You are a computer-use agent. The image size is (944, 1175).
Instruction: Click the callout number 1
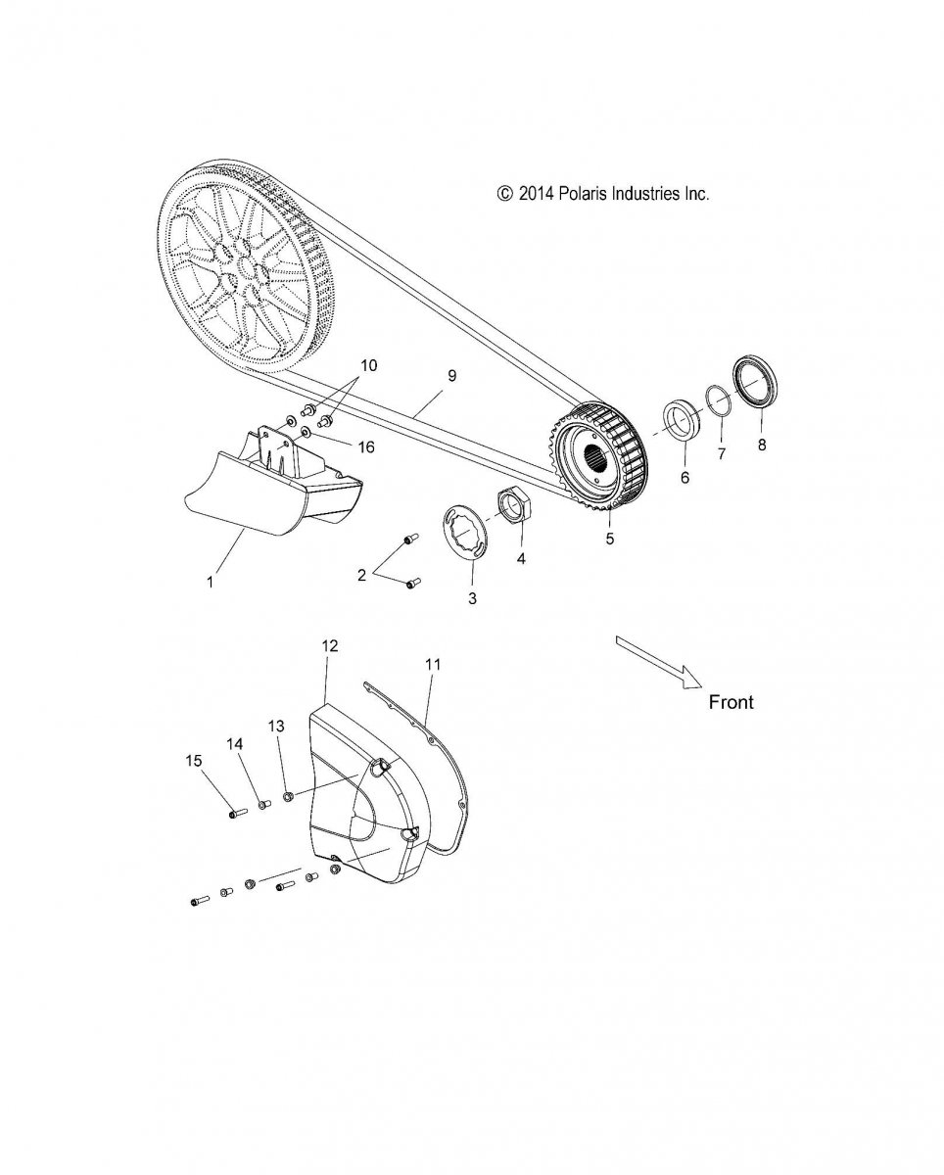[x=210, y=582]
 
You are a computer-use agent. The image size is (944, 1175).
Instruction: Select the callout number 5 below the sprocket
[x=609, y=538]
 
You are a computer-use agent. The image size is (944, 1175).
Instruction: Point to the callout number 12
[x=329, y=645]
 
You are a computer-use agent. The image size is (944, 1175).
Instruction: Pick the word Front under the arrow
[x=731, y=702]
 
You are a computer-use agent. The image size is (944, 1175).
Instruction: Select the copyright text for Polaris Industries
[x=603, y=194]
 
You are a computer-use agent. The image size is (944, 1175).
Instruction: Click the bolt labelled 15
[x=234, y=812]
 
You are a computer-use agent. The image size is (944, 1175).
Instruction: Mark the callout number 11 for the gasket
[x=433, y=664]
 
